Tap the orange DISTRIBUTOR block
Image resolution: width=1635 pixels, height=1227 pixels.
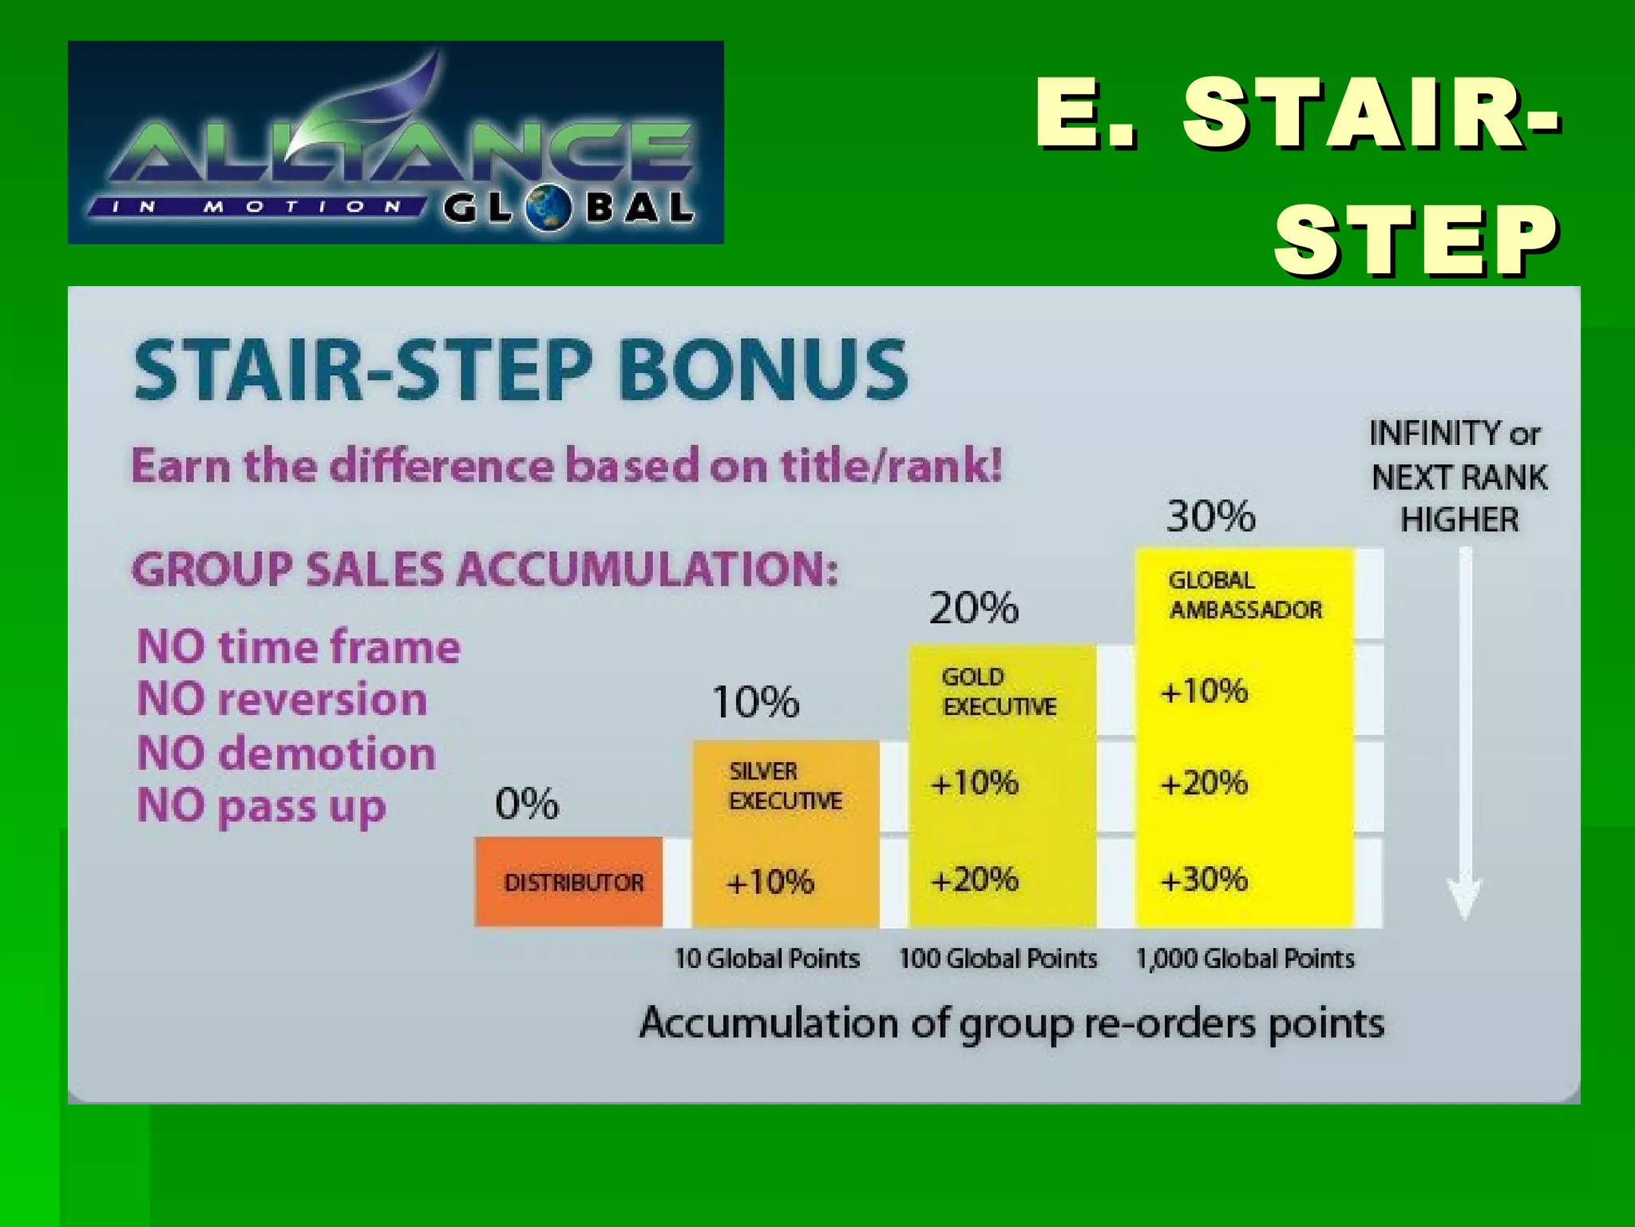[x=569, y=882]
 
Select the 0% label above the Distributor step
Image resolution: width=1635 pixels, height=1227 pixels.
[x=527, y=803]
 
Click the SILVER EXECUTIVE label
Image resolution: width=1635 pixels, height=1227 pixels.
[x=785, y=786]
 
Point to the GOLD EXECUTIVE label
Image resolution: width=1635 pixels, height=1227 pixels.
[x=999, y=692]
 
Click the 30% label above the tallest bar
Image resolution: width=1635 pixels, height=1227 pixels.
[x=1210, y=516]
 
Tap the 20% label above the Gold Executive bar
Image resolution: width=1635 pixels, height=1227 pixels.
[x=974, y=609]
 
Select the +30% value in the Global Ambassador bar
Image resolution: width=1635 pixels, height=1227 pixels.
[x=1204, y=880]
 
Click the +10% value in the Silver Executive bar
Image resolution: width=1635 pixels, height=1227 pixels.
[x=770, y=882]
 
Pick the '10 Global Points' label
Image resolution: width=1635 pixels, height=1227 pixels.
[x=767, y=959]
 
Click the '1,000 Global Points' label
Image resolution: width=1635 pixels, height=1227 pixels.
[x=1245, y=959]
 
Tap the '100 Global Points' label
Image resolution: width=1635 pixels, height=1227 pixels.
[x=998, y=959]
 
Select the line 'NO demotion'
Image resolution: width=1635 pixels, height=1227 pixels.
[x=287, y=753]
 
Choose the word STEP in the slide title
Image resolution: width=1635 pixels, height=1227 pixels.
[x=1415, y=240]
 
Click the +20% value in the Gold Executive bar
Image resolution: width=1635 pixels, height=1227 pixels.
[x=975, y=880]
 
